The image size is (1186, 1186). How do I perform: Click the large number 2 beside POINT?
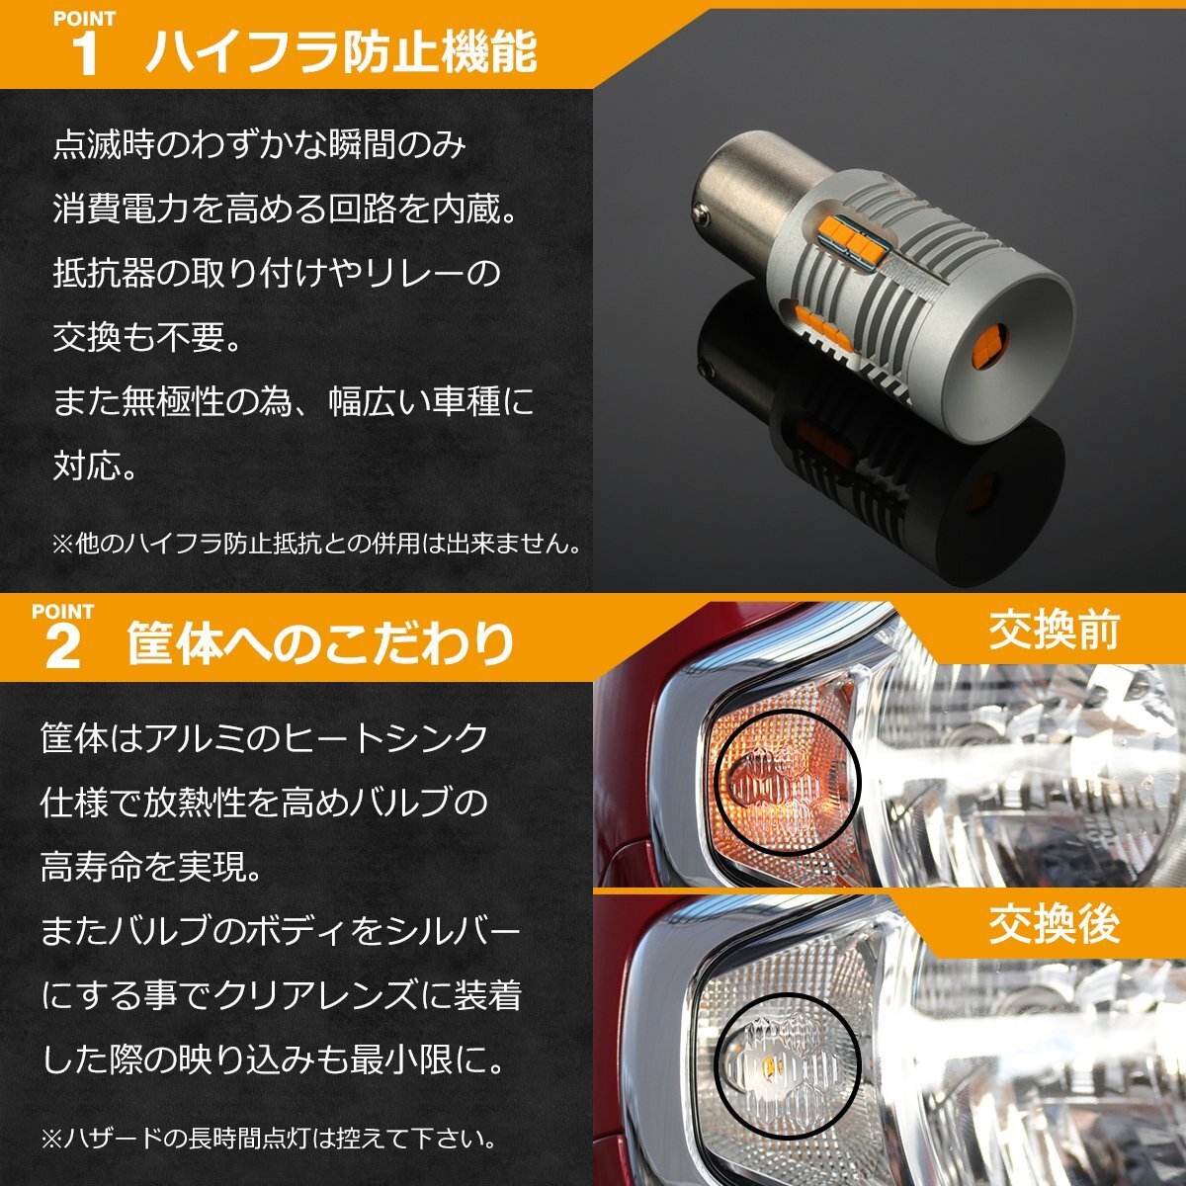click(63, 648)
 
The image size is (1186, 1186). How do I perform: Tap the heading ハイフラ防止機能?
click(341, 51)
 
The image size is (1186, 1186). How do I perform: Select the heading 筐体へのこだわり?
click(320, 643)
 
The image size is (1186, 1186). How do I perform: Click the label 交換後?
click(1054, 924)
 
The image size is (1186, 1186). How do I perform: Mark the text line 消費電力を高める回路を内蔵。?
click(287, 209)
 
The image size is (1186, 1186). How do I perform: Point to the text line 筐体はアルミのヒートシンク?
click(265, 738)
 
